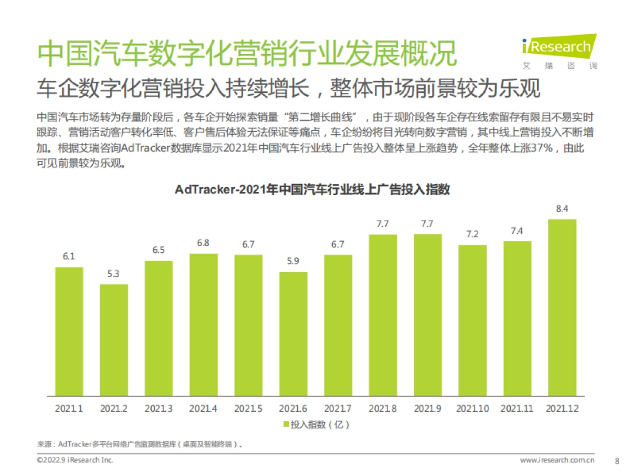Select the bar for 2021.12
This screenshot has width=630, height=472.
(x=562, y=307)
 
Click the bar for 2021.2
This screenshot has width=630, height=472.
(x=114, y=340)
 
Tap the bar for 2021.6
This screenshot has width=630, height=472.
(x=293, y=334)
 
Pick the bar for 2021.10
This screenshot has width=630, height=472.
(x=472, y=320)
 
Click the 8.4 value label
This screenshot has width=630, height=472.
(x=562, y=209)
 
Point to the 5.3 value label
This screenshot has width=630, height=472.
(x=114, y=274)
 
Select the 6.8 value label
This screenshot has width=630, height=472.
(x=203, y=243)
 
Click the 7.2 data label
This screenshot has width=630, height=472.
(x=472, y=234)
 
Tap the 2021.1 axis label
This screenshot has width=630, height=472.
(x=69, y=408)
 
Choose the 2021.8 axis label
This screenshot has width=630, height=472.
(x=382, y=408)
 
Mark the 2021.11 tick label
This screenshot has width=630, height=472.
(x=517, y=408)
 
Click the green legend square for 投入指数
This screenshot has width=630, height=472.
(x=286, y=424)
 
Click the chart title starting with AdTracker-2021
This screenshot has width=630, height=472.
(x=312, y=190)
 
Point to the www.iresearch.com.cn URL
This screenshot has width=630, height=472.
(x=557, y=460)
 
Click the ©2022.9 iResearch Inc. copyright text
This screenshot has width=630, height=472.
(x=75, y=460)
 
